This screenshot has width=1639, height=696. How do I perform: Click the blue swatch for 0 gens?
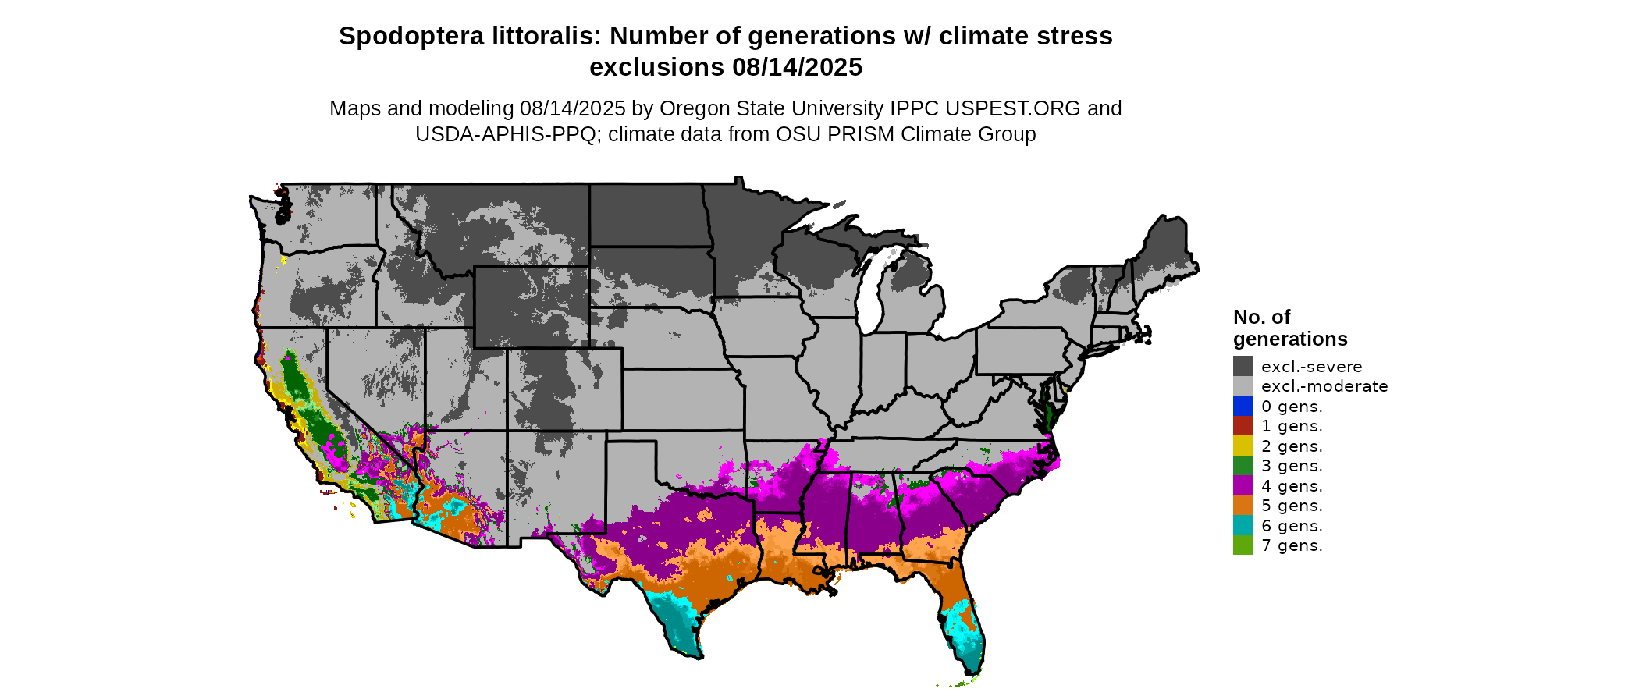click(1243, 406)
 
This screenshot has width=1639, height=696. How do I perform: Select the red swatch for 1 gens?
click(1243, 426)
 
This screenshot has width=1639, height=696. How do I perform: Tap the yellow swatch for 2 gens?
click(1243, 446)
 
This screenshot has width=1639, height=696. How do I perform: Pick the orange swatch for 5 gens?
click(1243, 506)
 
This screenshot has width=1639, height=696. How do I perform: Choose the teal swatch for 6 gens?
click(1243, 525)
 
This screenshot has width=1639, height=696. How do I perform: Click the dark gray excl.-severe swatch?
click(1243, 366)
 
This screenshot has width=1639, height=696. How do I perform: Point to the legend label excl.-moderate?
click(1324, 386)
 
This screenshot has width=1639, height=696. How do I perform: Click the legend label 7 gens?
click(1292, 545)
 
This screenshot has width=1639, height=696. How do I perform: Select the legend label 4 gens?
click(1292, 486)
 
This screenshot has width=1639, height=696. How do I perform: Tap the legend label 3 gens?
click(1292, 466)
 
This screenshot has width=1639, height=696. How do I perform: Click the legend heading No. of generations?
click(1289, 328)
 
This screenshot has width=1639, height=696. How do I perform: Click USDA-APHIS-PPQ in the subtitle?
click(508, 134)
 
